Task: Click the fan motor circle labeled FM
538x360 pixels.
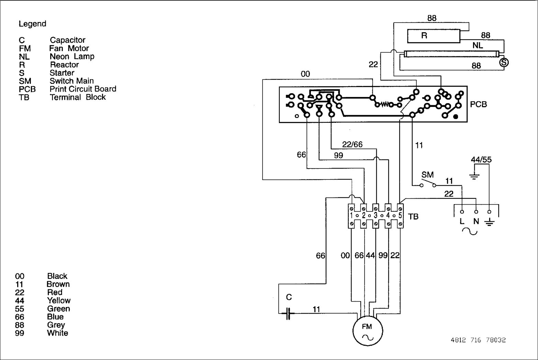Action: (368, 330)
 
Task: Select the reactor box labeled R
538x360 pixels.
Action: (434, 36)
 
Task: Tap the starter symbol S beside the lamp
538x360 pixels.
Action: (504, 62)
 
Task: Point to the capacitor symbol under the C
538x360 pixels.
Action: (288, 313)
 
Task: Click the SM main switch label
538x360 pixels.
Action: (427, 175)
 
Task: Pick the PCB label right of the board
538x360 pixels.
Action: (478, 104)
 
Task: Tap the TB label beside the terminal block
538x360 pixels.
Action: (413, 217)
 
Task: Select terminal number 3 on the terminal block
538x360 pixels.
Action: (376, 216)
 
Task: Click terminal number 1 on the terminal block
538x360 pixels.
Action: (351, 216)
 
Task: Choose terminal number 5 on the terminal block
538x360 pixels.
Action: (400, 216)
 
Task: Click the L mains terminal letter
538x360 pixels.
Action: (462, 221)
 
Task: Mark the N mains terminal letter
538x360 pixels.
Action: (476, 221)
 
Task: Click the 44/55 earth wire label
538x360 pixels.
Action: (481, 160)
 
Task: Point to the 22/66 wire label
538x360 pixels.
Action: (352, 144)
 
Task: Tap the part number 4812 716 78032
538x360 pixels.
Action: (478, 340)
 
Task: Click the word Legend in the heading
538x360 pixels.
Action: (32, 24)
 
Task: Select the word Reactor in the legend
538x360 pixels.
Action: (64, 65)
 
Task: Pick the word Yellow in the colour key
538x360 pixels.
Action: (59, 301)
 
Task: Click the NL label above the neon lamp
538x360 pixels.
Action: (478, 45)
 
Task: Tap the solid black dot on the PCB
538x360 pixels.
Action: (456, 117)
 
